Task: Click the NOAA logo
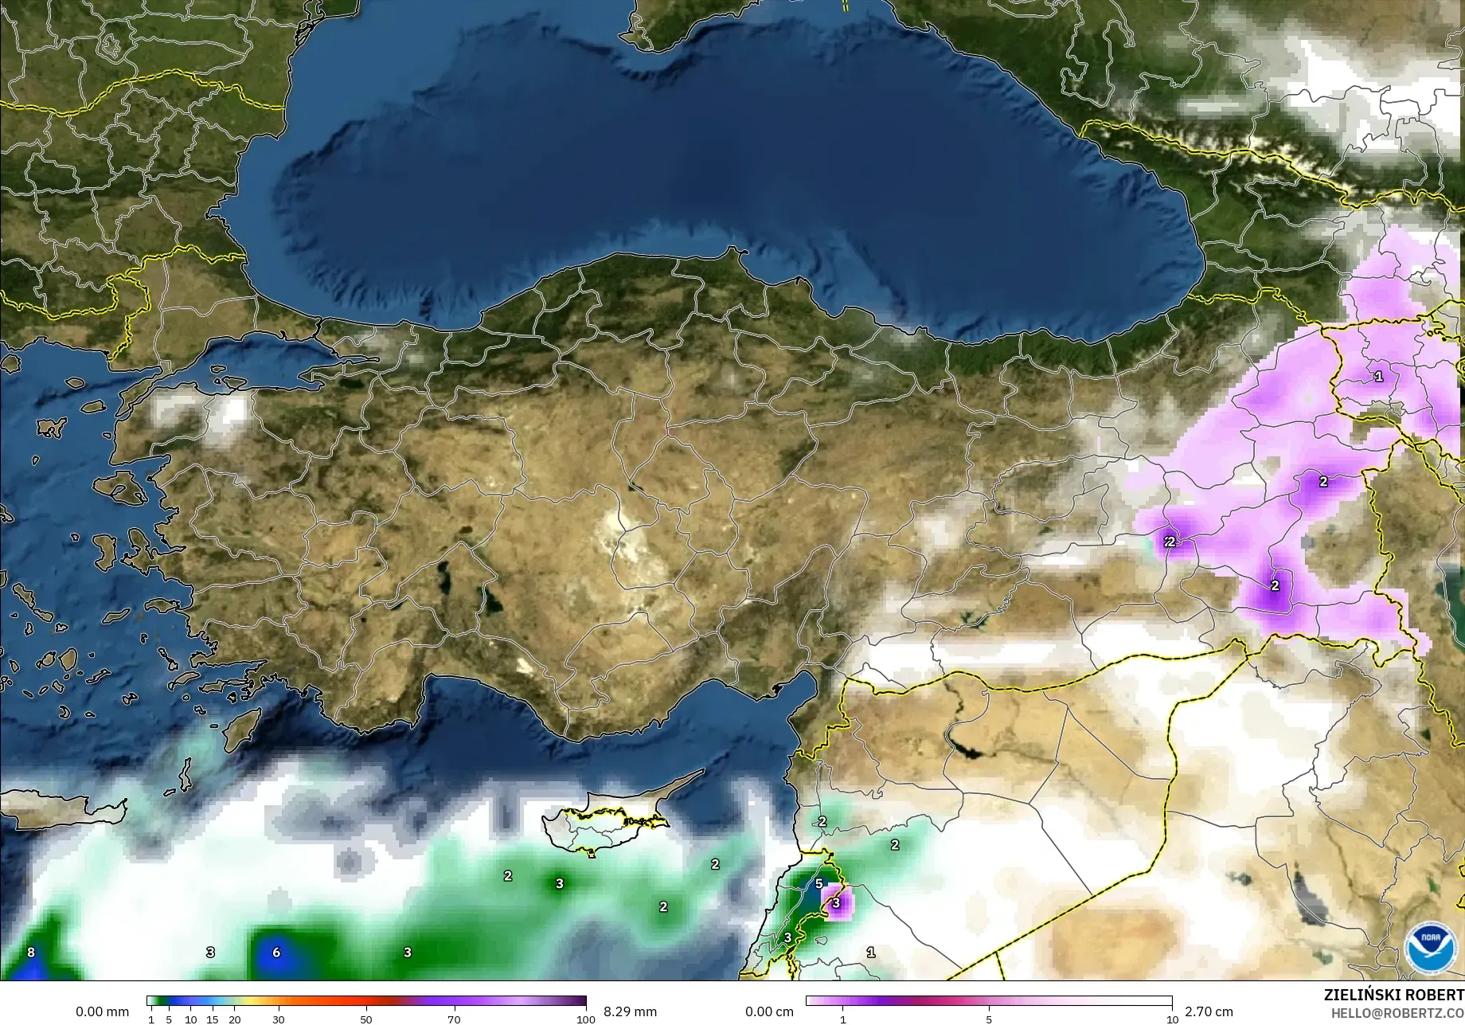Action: pos(1431,948)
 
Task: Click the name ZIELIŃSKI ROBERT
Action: pos(1393,995)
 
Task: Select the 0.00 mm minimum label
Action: pos(102,1011)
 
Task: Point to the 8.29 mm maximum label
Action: pos(630,1011)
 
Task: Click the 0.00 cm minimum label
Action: pos(769,1011)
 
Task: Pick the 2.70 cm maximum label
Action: pos(1209,1011)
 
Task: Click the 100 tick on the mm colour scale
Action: pos(586,1019)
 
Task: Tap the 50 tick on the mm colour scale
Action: pos(365,1019)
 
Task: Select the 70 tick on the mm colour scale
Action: pos(454,1019)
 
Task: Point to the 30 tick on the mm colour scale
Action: pos(278,1019)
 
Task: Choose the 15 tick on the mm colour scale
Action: pos(212,1019)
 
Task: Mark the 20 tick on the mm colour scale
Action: pos(234,1019)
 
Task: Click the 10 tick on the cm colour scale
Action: pos(1172,1019)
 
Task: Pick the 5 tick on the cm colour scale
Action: pos(989,1019)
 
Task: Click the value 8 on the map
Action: pos(31,952)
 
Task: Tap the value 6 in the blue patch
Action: pos(276,952)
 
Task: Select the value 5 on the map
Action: pos(818,883)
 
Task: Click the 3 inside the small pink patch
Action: pos(835,903)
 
